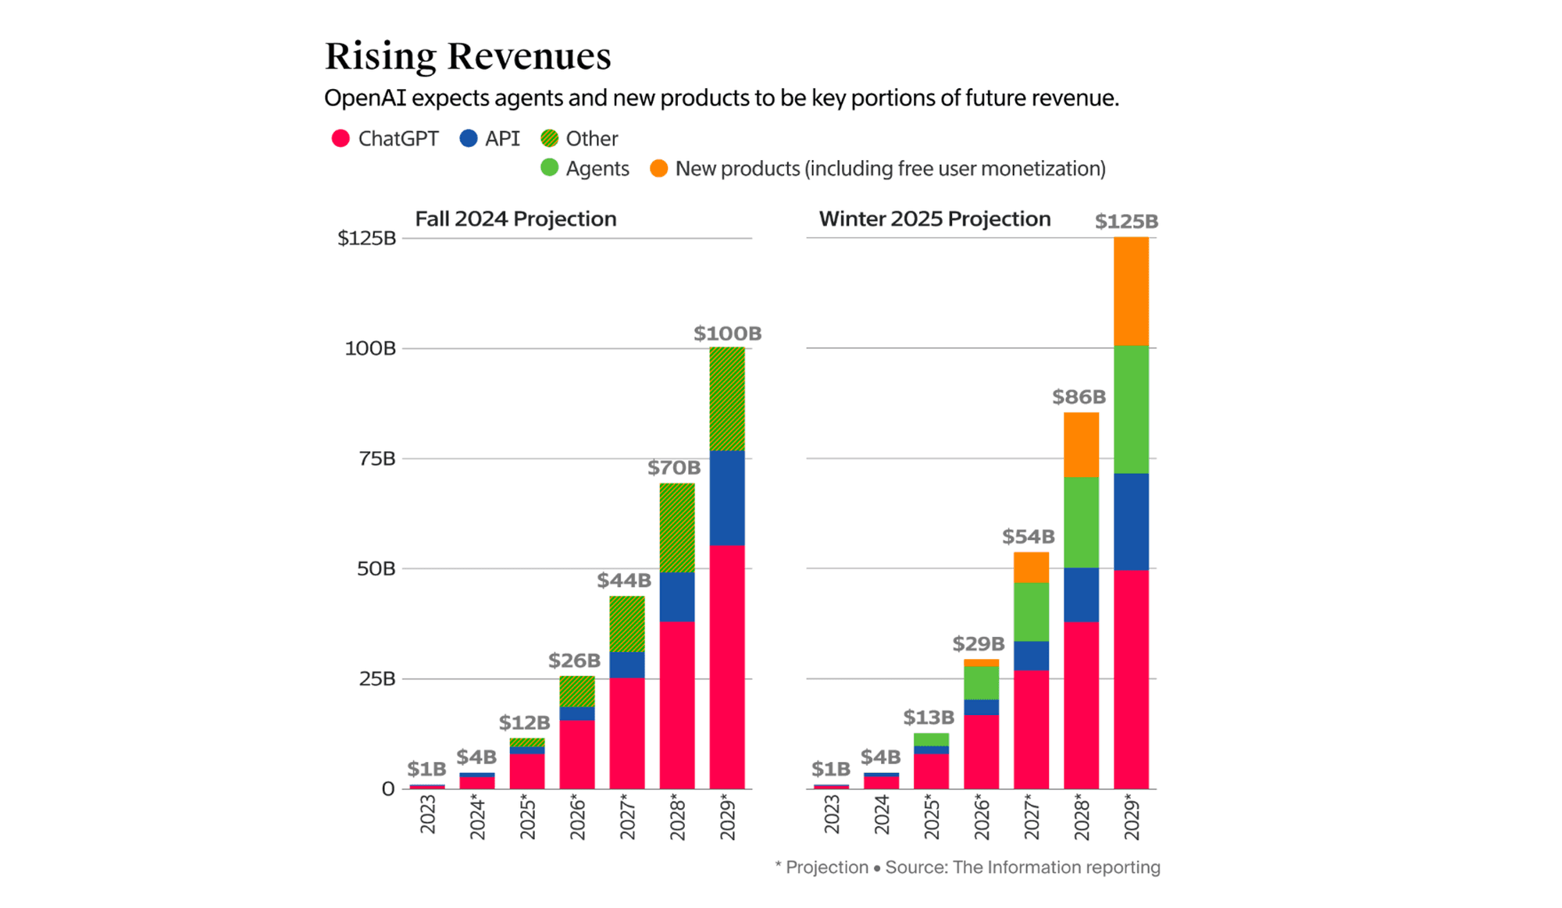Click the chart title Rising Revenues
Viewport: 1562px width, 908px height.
click(468, 56)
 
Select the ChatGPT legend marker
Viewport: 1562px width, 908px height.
click(340, 139)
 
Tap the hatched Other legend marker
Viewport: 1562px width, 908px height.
click(549, 139)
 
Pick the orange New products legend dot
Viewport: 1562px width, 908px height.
click(658, 169)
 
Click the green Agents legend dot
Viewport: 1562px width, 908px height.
click(549, 169)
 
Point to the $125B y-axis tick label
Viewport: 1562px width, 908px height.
click(366, 238)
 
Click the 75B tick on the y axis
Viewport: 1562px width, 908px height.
click(376, 458)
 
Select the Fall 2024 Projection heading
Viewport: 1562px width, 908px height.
click(515, 219)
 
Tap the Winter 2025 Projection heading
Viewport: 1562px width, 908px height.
click(934, 219)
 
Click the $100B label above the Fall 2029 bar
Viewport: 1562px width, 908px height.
click(727, 333)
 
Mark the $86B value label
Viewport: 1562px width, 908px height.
click(1079, 397)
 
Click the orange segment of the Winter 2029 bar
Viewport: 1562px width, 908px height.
click(1130, 291)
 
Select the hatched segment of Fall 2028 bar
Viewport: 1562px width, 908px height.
click(676, 528)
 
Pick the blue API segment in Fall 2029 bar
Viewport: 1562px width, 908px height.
click(726, 497)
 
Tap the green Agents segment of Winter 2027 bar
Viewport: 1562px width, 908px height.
click(1031, 611)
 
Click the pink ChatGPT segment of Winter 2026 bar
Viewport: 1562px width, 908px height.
click(981, 751)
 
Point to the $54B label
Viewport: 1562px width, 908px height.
click(1028, 536)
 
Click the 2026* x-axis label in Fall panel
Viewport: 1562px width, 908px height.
click(577, 817)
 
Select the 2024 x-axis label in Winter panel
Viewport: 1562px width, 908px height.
click(882, 814)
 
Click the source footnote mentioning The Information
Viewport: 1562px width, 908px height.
click(967, 867)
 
